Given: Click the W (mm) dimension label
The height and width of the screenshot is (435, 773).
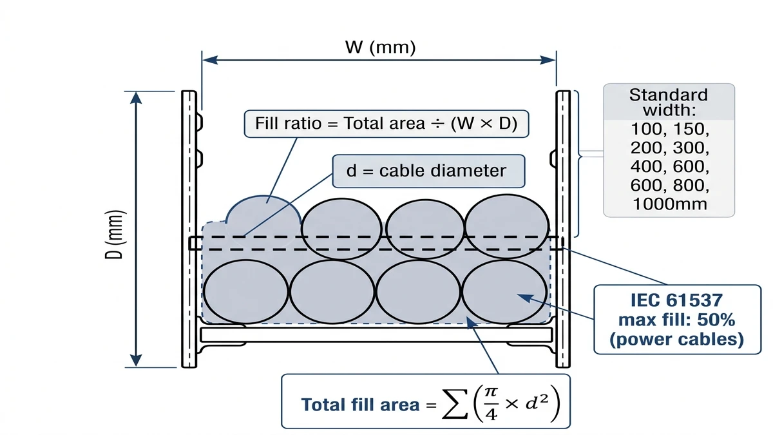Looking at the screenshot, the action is click(380, 47).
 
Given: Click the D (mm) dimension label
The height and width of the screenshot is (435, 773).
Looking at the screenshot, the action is click(114, 235).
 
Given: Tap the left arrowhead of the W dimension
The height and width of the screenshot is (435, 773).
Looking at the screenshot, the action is click(210, 60).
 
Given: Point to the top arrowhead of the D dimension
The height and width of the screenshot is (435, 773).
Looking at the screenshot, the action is click(137, 98).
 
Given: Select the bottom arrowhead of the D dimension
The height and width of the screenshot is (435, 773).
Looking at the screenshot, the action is click(137, 360).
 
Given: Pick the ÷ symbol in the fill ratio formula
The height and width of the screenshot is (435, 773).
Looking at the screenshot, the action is click(438, 124).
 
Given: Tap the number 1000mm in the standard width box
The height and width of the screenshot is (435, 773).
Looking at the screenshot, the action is click(670, 204).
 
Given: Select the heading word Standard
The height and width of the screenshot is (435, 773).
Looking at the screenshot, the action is click(669, 95).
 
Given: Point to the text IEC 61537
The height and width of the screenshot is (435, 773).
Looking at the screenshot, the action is click(676, 300).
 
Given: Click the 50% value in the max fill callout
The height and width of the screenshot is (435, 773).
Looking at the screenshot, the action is click(716, 320).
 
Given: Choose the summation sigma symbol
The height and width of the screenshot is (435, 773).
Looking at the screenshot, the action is click(455, 404).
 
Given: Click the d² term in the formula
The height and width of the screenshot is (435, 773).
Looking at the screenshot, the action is click(537, 402).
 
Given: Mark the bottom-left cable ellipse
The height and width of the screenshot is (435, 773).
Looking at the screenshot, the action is click(245, 292).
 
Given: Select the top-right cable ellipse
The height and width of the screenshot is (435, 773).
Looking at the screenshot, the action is click(506, 226).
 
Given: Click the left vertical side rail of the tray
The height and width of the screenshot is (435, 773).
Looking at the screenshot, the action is click(189, 229).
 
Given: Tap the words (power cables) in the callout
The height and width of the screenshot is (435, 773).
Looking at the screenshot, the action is click(676, 340).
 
